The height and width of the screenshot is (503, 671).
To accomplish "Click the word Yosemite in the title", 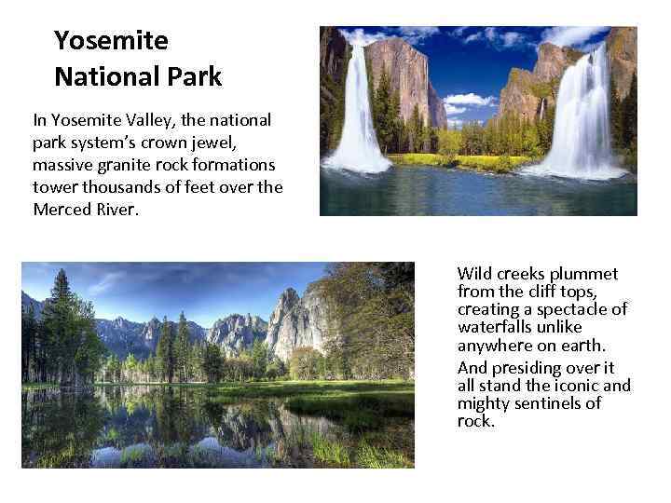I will [x=111, y=41].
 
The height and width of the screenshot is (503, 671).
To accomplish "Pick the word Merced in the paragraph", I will [x=63, y=209].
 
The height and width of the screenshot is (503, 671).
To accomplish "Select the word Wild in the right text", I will [x=475, y=274].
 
